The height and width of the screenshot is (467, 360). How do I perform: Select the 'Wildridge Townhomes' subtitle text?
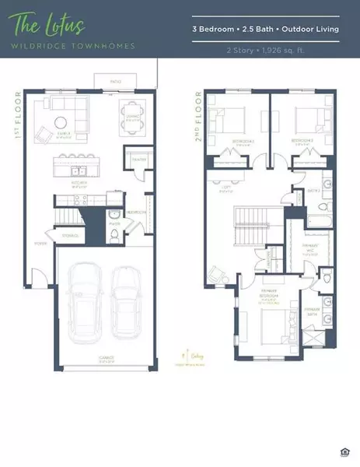coord(72,46)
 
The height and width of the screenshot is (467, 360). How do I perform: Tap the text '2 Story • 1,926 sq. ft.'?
coord(265,49)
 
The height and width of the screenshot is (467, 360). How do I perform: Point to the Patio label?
coord(114,81)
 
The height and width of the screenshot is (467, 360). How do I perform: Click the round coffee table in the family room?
coord(60,121)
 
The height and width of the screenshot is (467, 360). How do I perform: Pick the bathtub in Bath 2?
coord(320,210)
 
